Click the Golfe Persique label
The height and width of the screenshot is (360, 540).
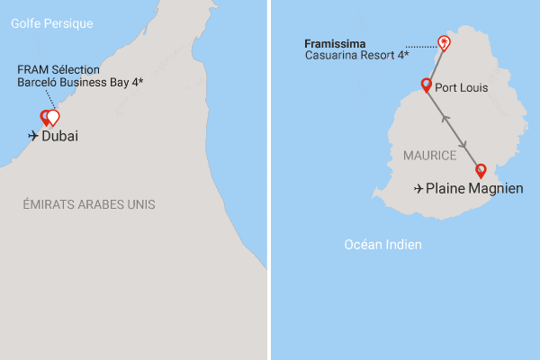52,23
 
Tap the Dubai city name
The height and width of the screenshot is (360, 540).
60,136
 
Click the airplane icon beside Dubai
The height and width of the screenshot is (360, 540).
34,136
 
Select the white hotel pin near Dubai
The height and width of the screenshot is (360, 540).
53,116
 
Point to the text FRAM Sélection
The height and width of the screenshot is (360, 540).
58,69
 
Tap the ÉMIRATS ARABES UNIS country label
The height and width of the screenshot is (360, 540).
89,205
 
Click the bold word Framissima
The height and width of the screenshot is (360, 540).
334,43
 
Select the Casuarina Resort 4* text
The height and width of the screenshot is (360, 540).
357,56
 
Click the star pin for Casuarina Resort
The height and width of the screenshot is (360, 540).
442,42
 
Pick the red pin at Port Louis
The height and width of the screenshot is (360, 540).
427,85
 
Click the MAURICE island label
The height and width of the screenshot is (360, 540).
430,156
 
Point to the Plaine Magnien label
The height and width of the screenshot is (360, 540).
474,189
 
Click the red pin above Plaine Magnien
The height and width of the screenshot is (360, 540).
481,170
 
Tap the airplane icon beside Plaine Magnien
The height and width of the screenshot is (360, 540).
418,189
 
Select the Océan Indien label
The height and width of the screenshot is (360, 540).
384,245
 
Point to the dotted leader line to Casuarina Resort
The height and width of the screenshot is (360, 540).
420,46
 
